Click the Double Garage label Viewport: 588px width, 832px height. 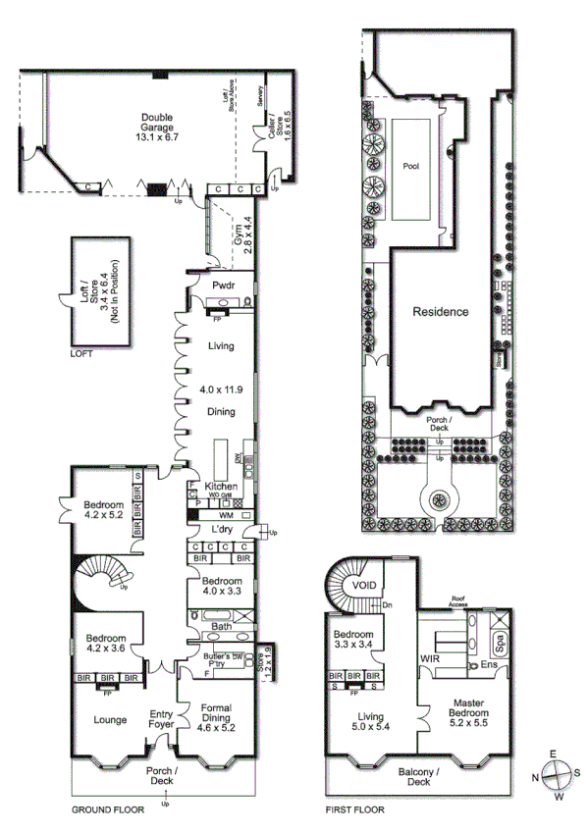[155, 122]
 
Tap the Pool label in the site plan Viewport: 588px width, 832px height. [410, 167]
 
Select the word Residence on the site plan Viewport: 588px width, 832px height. [440, 312]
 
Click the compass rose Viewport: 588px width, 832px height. [556, 774]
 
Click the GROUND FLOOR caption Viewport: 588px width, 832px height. [108, 810]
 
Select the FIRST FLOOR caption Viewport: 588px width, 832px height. [354, 810]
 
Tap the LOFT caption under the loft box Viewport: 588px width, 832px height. [81, 354]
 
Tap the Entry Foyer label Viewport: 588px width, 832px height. [161, 719]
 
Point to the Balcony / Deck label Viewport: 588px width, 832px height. [418, 776]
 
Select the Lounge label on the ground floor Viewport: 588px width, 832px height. [109, 720]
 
